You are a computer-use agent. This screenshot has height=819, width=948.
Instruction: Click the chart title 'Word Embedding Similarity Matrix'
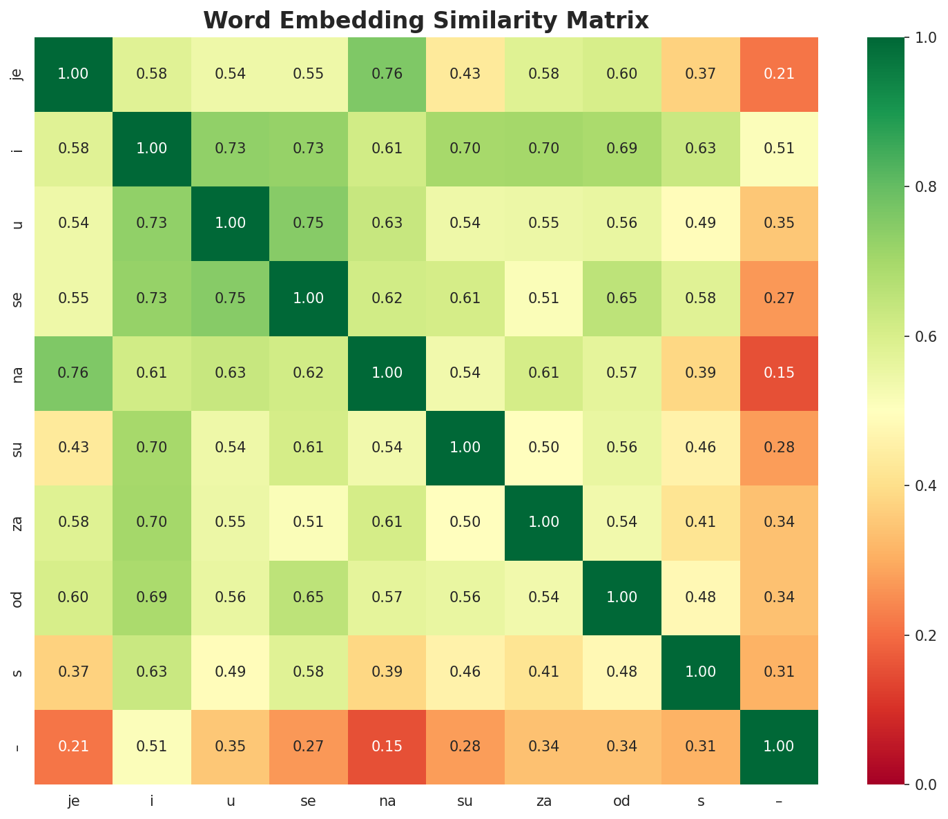(x=426, y=20)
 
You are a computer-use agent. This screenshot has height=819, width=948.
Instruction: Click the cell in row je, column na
(x=387, y=74)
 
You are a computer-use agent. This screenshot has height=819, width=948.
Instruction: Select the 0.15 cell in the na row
(x=779, y=373)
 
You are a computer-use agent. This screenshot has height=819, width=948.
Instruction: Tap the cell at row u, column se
(x=309, y=223)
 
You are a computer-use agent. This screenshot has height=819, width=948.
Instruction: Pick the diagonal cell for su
(x=465, y=447)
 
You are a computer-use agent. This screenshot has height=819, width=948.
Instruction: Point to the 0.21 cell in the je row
(x=779, y=74)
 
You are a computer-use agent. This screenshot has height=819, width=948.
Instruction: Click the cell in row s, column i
(x=152, y=672)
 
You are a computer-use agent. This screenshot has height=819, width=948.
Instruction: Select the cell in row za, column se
(x=309, y=522)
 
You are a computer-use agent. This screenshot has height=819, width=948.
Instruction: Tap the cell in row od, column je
(x=73, y=597)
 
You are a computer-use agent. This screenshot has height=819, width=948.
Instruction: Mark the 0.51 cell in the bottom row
(x=152, y=746)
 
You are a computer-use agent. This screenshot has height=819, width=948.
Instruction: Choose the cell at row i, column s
(x=701, y=148)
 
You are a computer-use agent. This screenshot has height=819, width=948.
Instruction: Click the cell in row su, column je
(x=73, y=447)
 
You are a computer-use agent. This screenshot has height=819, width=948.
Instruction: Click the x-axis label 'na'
(x=387, y=801)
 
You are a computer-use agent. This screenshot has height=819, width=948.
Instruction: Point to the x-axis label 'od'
(x=622, y=801)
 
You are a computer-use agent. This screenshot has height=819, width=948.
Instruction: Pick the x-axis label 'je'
(x=73, y=801)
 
